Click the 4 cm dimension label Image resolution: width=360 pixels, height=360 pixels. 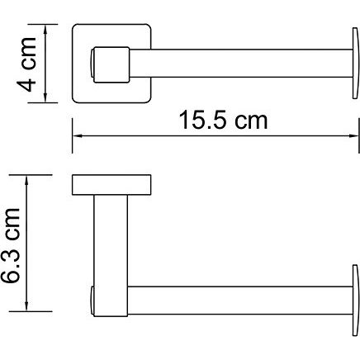coord(26,64)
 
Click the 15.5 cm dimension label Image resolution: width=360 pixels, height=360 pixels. coord(223,121)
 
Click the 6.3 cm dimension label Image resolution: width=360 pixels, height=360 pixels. coord(11,245)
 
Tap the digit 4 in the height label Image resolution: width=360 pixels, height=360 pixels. coord(26,84)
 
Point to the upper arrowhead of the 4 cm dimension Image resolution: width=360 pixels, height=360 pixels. coord(45,29)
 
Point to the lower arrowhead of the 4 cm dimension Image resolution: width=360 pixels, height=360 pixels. coord(45,98)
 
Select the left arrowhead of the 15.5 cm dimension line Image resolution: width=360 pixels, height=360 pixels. coord(77,135)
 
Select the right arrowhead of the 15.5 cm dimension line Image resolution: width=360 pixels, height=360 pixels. coord(354,135)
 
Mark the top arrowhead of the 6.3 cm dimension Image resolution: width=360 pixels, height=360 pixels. coord(26,179)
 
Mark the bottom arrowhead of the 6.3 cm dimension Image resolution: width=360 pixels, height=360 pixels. coord(26,306)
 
